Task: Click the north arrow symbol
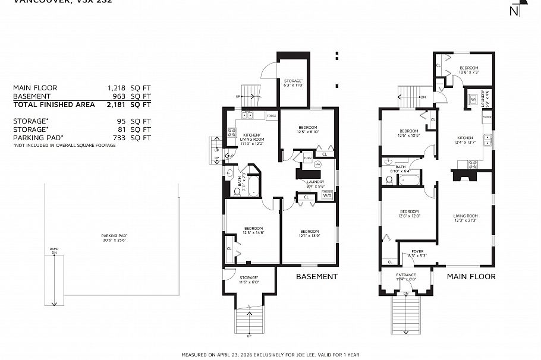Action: pyautogui.click(x=514, y=10)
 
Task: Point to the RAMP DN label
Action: pyautogui.click(x=54, y=251)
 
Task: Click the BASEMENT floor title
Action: pyautogui.click(x=316, y=276)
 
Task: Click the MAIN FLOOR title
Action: pyautogui.click(x=471, y=276)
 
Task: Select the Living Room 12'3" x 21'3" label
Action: pyautogui.click(x=465, y=218)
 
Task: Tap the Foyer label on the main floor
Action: pyautogui.click(x=417, y=253)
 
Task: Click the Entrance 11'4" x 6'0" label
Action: pyautogui.click(x=406, y=277)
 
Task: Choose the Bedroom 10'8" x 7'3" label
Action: pyautogui.click(x=468, y=70)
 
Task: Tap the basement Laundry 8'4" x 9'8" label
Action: pyautogui.click(x=314, y=184)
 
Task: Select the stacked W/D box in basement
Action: pyautogui.click(x=326, y=194)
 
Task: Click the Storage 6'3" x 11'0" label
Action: pyautogui.click(x=293, y=83)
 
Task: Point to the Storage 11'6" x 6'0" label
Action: pyautogui.click(x=249, y=280)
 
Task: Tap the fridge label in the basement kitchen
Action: pyautogui.click(x=271, y=115)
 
